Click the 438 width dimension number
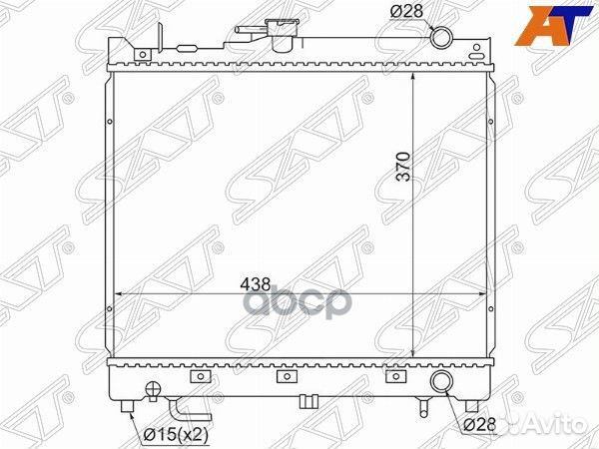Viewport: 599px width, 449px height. tap(256, 284)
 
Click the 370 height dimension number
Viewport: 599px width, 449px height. tap(403, 167)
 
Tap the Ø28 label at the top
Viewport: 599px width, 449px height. tap(406, 12)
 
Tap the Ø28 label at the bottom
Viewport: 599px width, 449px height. tap(480, 424)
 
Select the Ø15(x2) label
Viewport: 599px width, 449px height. tap(176, 434)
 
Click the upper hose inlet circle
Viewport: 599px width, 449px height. tap(442, 37)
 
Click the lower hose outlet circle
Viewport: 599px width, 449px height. tap(441, 381)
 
